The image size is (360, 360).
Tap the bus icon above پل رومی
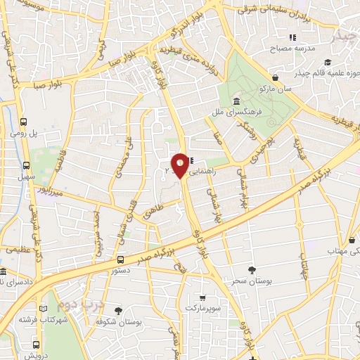tap(24, 121)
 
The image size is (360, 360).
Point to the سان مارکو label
tap(274, 90)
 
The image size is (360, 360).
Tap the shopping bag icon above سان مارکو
tap(275, 77)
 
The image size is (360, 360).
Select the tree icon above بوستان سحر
tap(252, 269)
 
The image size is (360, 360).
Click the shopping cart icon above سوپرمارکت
tap(202, 297)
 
